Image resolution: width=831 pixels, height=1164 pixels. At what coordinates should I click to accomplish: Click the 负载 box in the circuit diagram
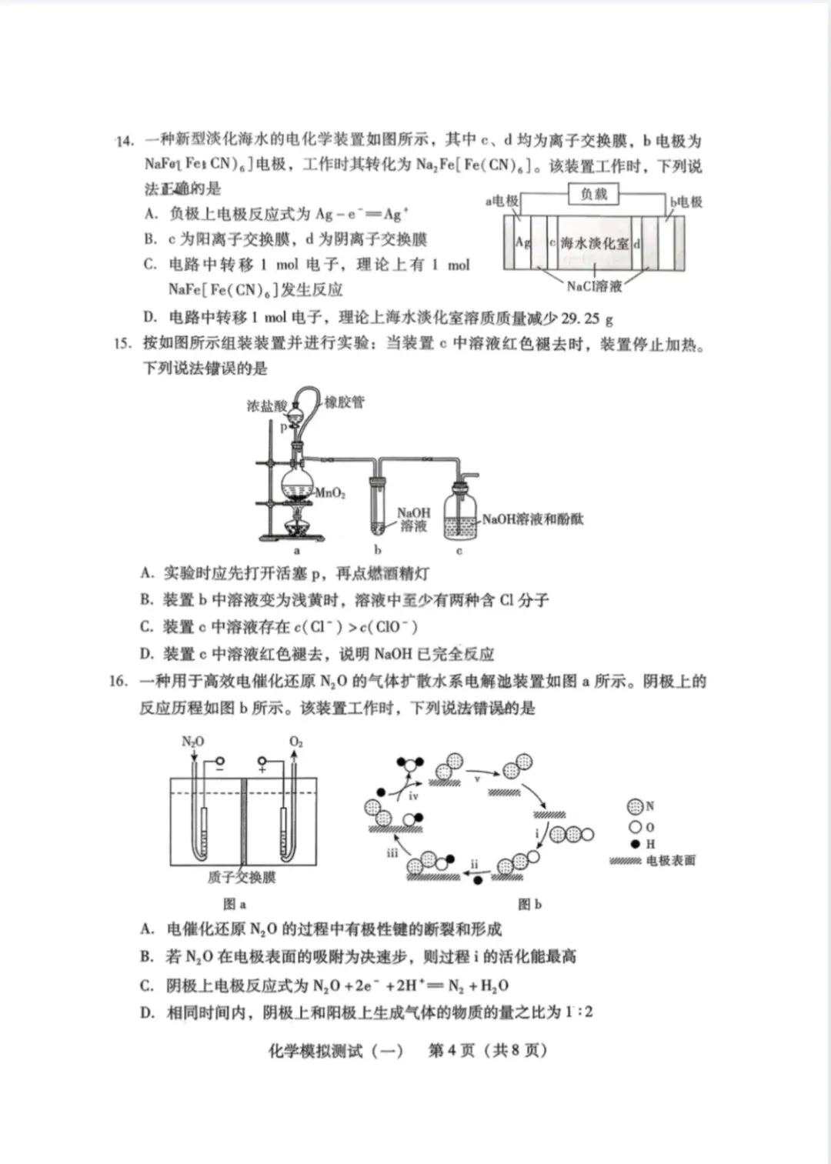[593, 195]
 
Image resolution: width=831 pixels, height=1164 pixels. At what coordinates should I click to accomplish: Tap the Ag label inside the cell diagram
[522, 242]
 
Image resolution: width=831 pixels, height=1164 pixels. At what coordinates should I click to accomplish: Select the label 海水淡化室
[593, 244]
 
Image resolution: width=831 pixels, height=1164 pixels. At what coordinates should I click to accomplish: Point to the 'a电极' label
[502, 201]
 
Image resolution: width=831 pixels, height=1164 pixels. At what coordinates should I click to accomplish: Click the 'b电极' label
[686, 202]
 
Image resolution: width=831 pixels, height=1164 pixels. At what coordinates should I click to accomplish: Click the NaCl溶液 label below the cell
[594, 286]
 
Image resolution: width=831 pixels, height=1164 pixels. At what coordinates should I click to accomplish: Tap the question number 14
[125, 141]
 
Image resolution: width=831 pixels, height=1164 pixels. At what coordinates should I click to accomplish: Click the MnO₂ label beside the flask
[330, 492]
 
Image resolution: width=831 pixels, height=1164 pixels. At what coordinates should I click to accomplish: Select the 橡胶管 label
[344, 402]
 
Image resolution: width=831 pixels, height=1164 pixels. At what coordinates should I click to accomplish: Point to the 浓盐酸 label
[266, 405]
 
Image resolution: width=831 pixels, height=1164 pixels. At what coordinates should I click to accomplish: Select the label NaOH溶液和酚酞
[532, 519]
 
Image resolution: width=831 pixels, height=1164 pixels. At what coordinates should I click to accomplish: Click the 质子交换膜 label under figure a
[241, 877]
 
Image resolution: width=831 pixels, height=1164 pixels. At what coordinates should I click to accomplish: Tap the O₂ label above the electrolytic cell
[296, 742]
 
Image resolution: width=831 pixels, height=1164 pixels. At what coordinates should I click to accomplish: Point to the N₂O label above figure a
[192, 742]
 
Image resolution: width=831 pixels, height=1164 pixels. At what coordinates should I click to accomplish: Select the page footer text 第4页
[451, 1050]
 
